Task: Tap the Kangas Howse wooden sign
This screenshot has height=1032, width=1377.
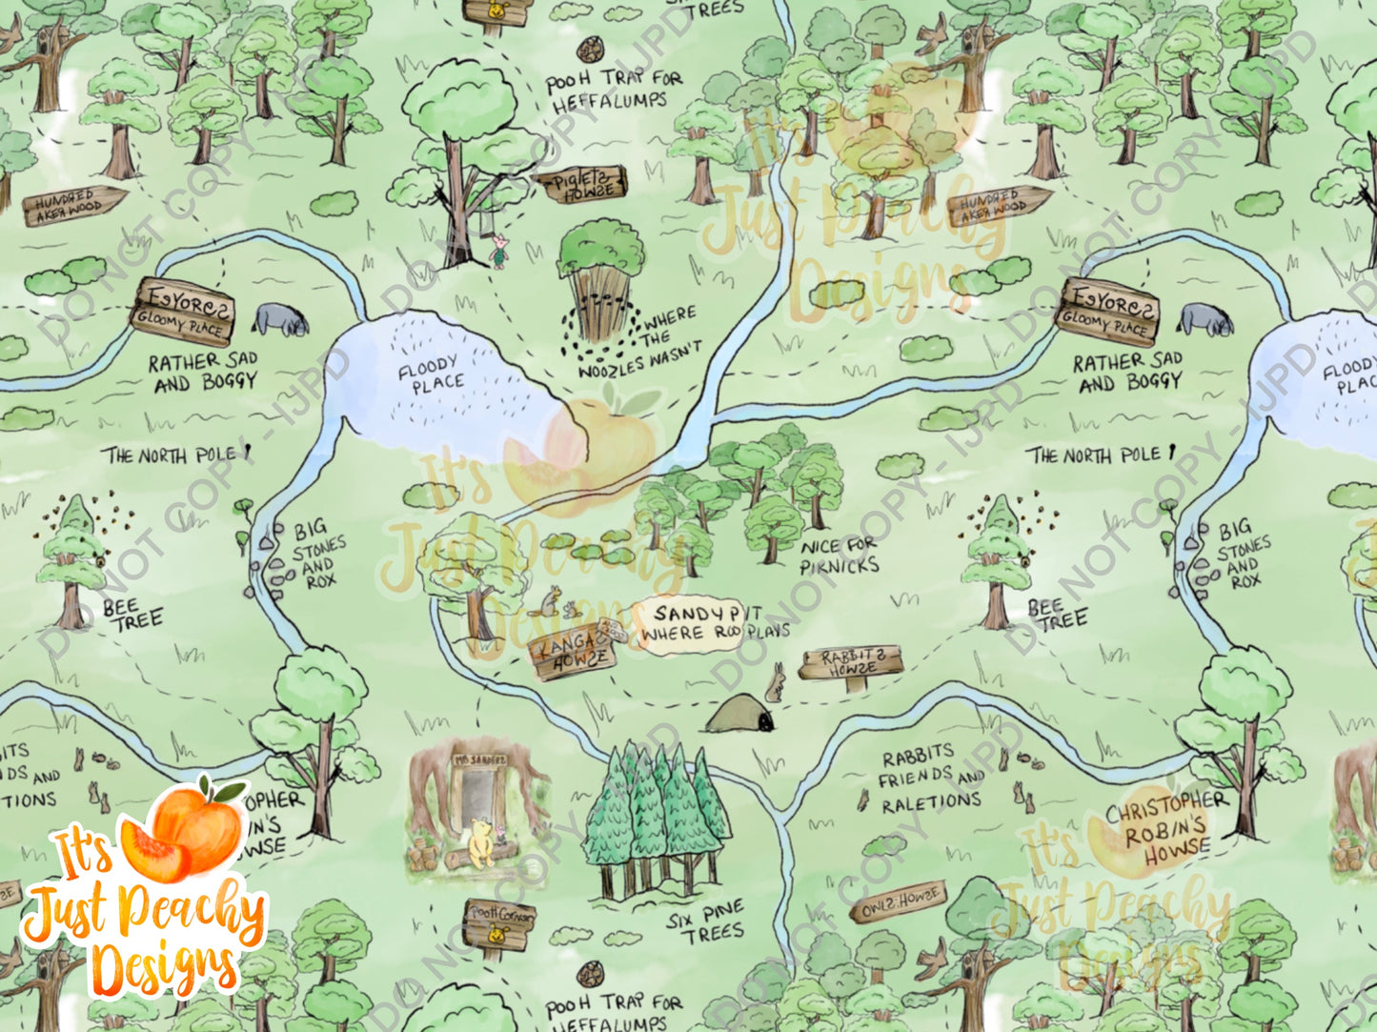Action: [x=572, y=652]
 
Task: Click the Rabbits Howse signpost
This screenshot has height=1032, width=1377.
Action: [x=850, y=662]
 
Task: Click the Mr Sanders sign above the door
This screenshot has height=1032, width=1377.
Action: [x=480, y=761]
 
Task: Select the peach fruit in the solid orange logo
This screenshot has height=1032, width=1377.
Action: [x=181, y=835]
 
